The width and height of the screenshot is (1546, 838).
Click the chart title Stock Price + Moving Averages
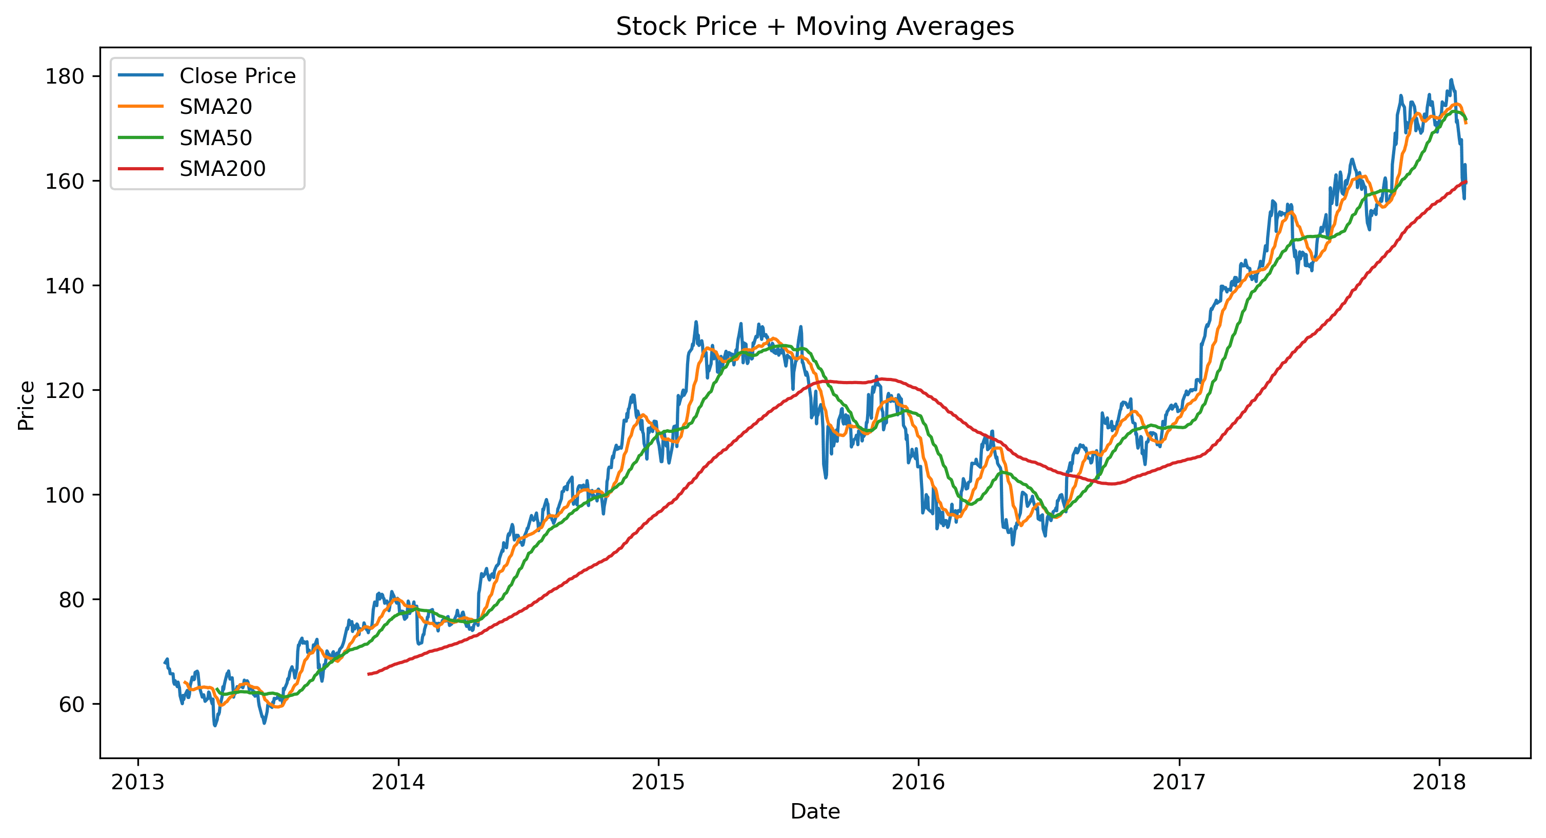[814, 27]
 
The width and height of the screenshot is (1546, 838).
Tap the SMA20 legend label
[215, 107]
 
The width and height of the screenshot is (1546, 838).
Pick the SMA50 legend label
[215, 138]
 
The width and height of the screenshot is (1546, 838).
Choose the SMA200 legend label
[222, 169]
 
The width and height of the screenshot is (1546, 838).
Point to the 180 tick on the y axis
[64, 76]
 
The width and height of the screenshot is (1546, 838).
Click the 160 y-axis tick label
[64, 181]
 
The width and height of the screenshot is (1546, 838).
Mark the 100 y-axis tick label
[64, 494]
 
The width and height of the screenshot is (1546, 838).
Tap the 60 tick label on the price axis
[71, 704]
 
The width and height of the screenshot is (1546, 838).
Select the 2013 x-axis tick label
[138, 782]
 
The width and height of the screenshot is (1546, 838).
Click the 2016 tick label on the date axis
[918, 782]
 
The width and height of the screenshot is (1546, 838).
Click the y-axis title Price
[26, 405]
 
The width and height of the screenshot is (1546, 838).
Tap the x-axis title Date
[814, 811]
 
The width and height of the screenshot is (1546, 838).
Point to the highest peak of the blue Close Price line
[1451, 80]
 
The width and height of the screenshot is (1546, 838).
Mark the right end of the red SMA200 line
[1466, 181]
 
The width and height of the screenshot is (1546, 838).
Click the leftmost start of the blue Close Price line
[165, 662]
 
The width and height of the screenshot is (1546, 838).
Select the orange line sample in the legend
[140, 107]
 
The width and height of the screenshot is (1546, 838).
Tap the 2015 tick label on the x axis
[658, 782]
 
